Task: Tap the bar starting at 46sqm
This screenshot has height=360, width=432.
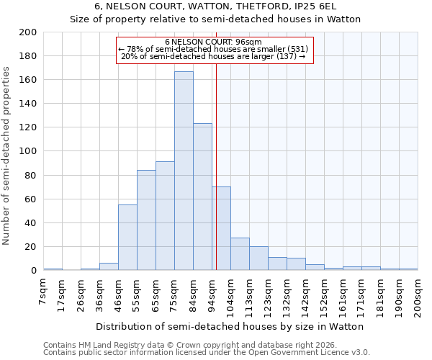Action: [127, 238]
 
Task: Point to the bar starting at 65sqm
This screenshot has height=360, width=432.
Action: [165, 216]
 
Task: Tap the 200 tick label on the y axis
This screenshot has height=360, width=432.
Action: [28, 32]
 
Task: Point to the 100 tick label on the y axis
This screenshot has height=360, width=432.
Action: [28, 151]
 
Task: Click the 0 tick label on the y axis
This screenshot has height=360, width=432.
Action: [33, 271]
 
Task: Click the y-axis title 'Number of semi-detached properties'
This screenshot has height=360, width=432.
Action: [6, 156]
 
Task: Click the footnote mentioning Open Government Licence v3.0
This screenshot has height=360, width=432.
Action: [207, 352]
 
